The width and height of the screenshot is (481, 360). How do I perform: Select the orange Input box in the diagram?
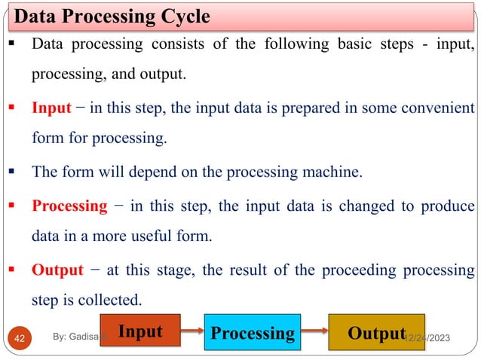point(142,330)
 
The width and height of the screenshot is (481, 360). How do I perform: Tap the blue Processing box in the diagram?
point(252,332)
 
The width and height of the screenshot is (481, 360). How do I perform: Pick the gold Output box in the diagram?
point(375,332)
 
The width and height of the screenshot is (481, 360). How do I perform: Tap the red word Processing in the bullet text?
point(69,206)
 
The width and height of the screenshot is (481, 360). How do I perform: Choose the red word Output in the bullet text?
point(57,270)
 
